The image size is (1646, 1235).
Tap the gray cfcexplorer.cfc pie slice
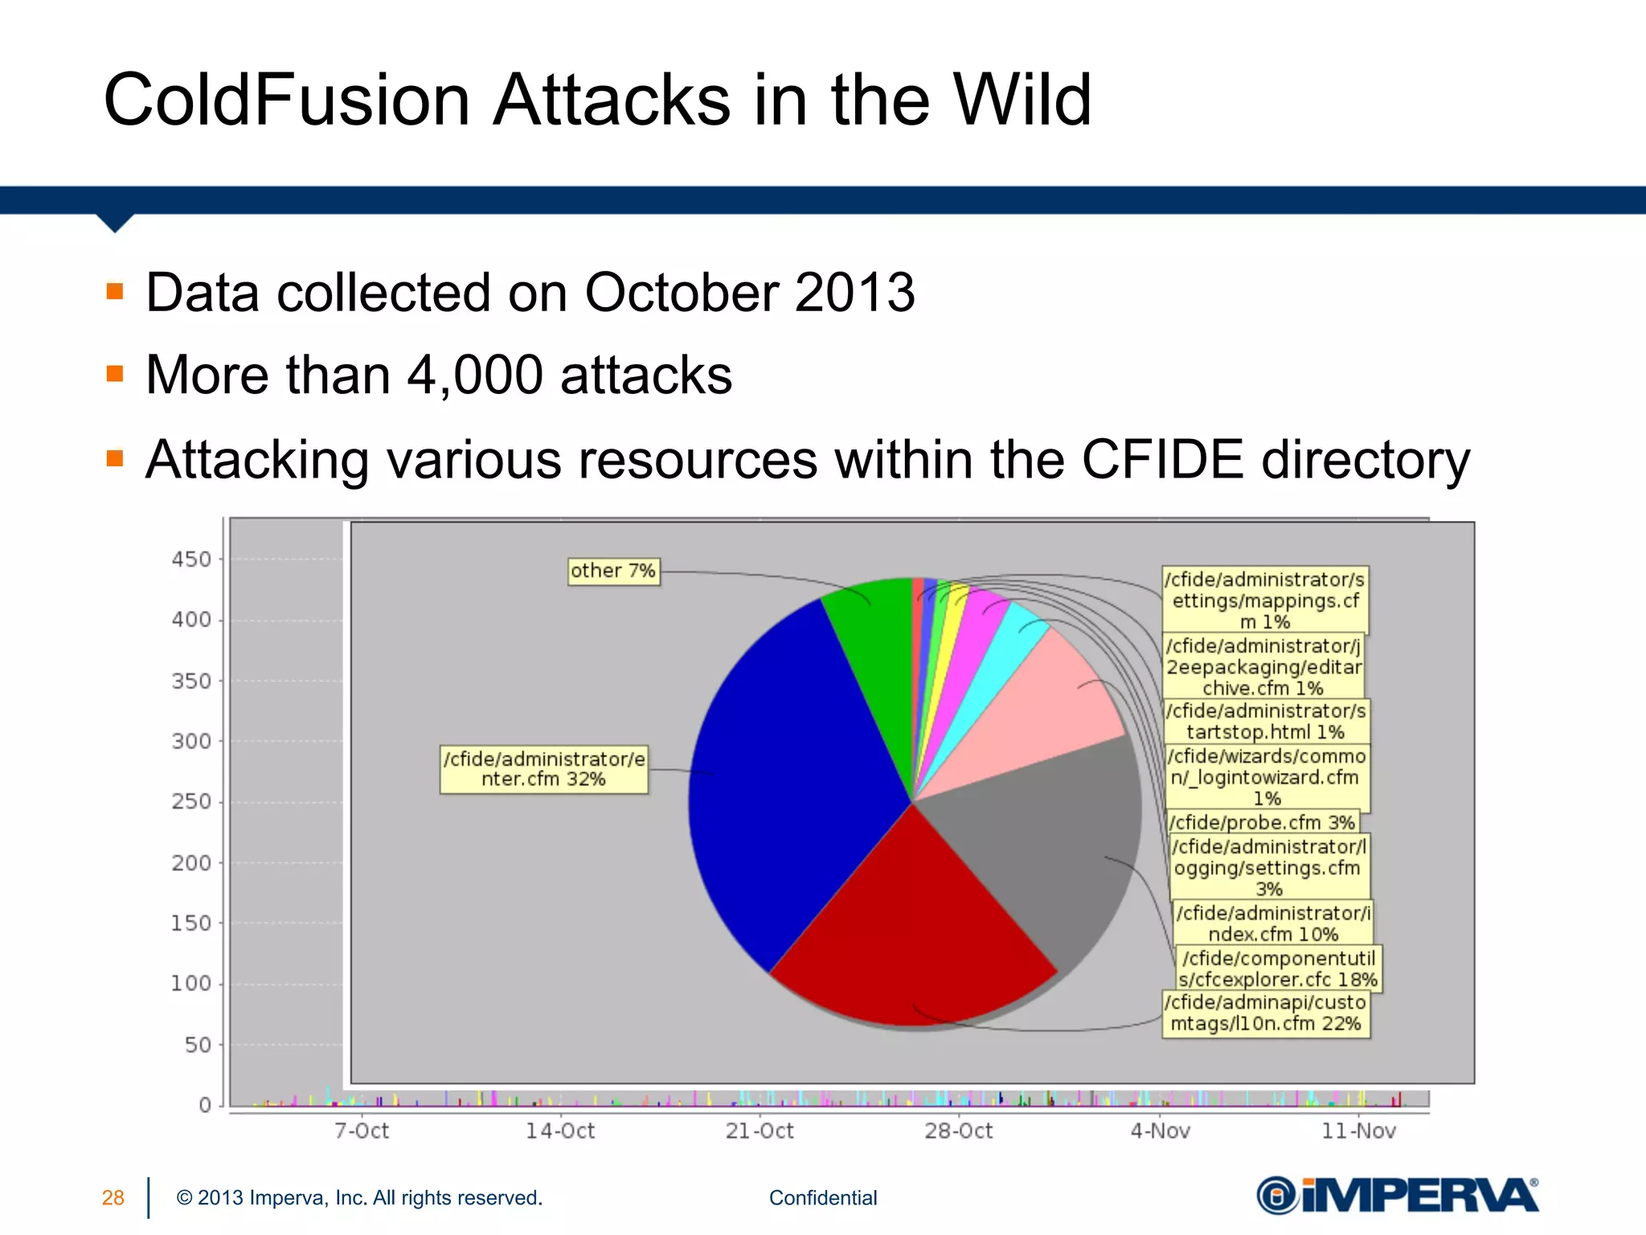[1045, 836]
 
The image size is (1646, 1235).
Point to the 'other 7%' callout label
[613, 571]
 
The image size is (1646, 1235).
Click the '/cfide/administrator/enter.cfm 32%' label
[544, 769]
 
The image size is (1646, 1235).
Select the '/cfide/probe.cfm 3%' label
[1263, 823]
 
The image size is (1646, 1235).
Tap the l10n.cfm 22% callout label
[1266, 1013]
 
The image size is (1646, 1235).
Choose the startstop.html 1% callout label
[1266, 721]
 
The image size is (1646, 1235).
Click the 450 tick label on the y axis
[191, 560]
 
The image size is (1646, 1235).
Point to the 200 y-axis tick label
[191, 863]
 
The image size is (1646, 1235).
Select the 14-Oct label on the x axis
[560, 1131]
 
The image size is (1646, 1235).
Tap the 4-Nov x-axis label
[1160, 1131]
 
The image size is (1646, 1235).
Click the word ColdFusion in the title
[287, 101]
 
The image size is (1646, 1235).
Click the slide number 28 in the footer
[113, 1198]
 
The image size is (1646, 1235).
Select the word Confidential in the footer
[823, 1198]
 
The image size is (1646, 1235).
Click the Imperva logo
[1398, 1195]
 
